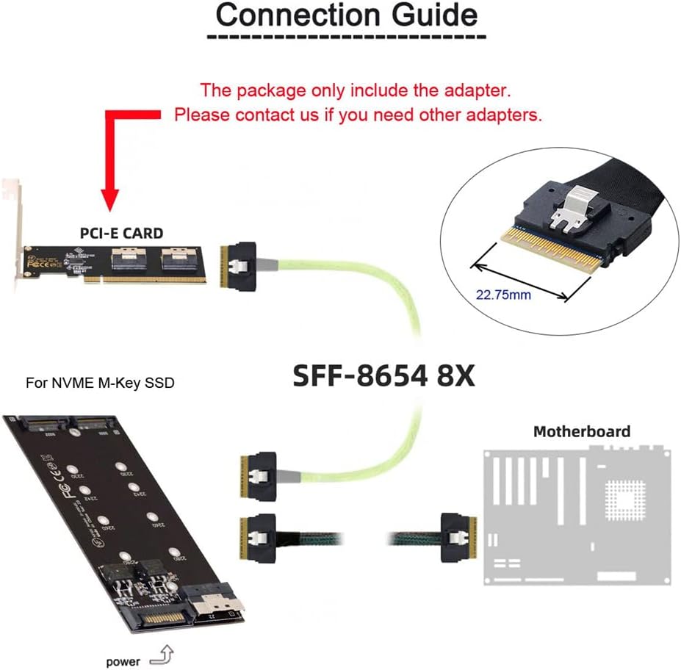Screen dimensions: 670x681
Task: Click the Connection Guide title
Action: (x=346, y=15)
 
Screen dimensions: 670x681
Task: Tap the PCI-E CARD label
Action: (x=121, y=234)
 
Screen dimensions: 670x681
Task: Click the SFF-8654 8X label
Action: (x=383, y=375)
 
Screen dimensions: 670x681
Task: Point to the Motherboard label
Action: (x=581, y=431)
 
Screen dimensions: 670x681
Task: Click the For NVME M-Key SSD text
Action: (x=100, y=383)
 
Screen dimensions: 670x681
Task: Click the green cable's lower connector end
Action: (x=259, y=472)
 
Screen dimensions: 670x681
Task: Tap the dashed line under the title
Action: (x=346, y=36)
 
